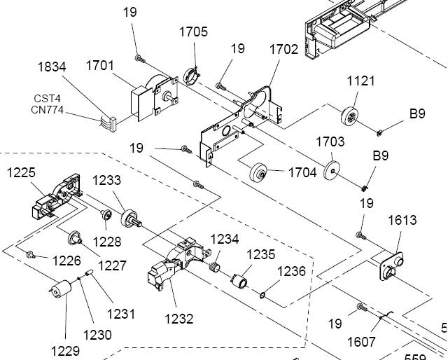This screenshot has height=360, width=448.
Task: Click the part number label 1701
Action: (100, 66)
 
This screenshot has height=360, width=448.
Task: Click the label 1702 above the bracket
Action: (283, 50)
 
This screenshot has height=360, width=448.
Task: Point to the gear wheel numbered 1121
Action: (352, 116)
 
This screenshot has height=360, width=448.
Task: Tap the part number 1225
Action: (22, 172)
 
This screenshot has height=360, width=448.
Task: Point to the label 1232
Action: (178, 319)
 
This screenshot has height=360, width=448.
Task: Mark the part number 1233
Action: (107, 180)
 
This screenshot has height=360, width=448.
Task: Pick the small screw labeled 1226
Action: (31, 254)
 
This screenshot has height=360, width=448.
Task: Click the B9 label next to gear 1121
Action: (417, 113)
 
